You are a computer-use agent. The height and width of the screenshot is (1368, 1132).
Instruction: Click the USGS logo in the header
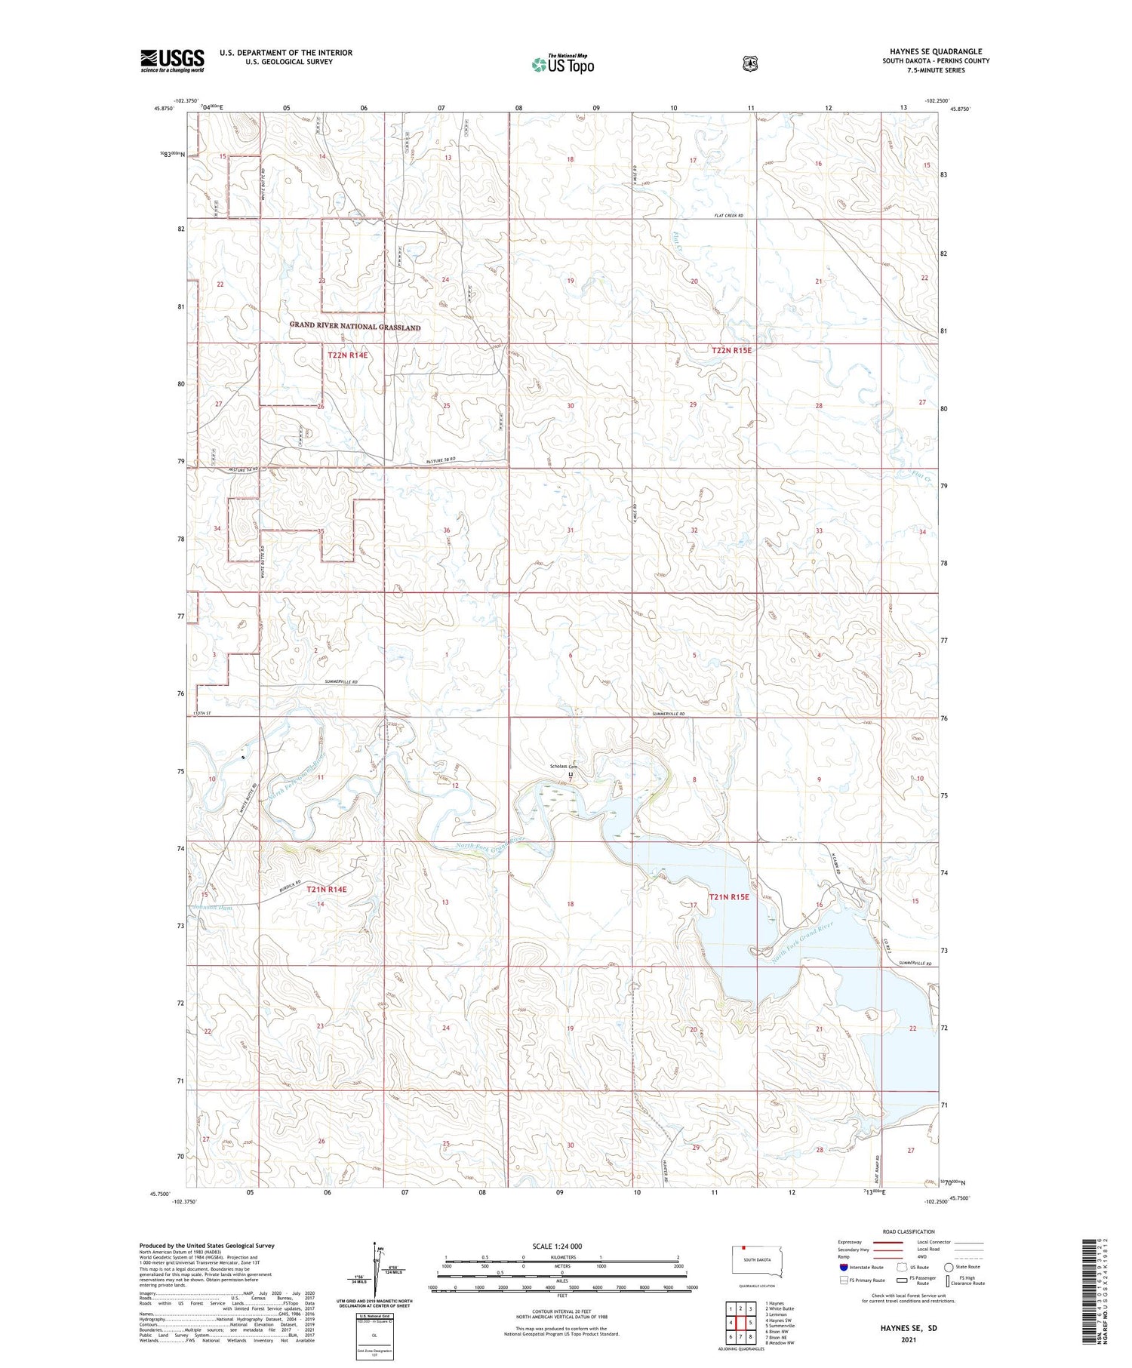pos(172,60)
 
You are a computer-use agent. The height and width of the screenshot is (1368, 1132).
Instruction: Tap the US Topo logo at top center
pos(562,65)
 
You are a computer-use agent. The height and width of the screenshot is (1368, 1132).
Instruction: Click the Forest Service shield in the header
pos(749,63)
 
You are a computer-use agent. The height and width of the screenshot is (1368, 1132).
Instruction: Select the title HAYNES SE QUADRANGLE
pos(936,51)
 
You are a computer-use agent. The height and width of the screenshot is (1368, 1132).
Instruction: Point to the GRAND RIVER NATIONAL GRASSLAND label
pos(355,327)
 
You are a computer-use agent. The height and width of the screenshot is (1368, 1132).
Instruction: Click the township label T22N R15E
pos(731,350)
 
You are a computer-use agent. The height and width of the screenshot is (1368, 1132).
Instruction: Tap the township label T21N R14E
pos(327,890)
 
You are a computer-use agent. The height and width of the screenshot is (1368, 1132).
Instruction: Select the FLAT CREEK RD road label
pos(729,216)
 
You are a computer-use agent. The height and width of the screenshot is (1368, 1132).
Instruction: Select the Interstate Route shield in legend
pos(844,1267)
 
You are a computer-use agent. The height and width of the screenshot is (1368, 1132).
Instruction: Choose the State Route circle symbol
pos(949,1267)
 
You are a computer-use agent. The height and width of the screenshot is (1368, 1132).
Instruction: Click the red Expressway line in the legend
pos(888,1242)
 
